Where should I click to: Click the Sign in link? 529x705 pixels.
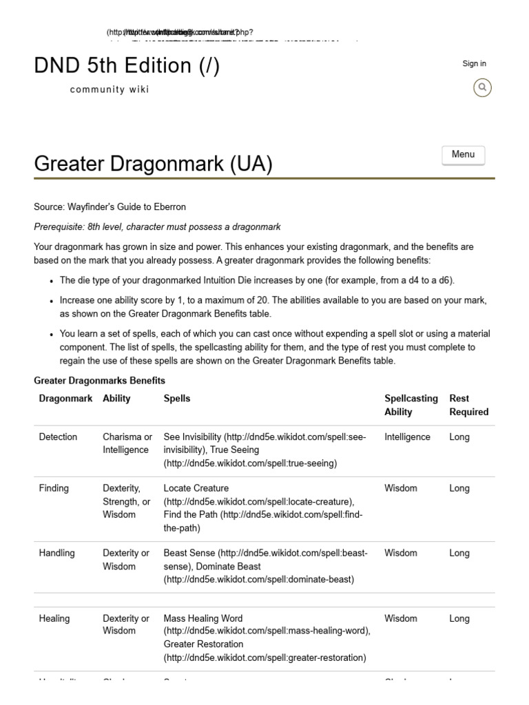(474, 63)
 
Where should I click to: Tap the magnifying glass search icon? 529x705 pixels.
(483, 87)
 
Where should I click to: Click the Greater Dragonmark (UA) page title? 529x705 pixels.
(153, 164)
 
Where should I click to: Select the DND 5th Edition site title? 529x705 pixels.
(127, 66)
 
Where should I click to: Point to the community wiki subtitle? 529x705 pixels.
(110, 90)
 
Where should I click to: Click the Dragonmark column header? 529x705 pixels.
(65, 398)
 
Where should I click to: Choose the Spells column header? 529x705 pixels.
(177, 398)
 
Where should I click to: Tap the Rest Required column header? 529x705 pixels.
(468, 405)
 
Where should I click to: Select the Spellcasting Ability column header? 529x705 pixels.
(411, 405)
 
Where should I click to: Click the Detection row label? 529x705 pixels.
(58, 436)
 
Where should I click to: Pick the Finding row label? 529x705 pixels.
(54, 488)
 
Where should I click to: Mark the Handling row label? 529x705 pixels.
(56, 553)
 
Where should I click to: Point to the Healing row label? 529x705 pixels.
(54, 618)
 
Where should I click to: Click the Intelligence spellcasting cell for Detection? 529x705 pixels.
(407, 436)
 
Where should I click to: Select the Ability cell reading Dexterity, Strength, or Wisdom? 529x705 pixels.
(126, 501)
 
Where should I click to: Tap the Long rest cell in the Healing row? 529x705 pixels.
(459, 618)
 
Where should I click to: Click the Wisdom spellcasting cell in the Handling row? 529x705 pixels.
(401, 553)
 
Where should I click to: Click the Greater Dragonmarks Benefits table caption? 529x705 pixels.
(99, 381)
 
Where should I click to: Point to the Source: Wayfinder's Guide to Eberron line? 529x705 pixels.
(110, 207)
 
